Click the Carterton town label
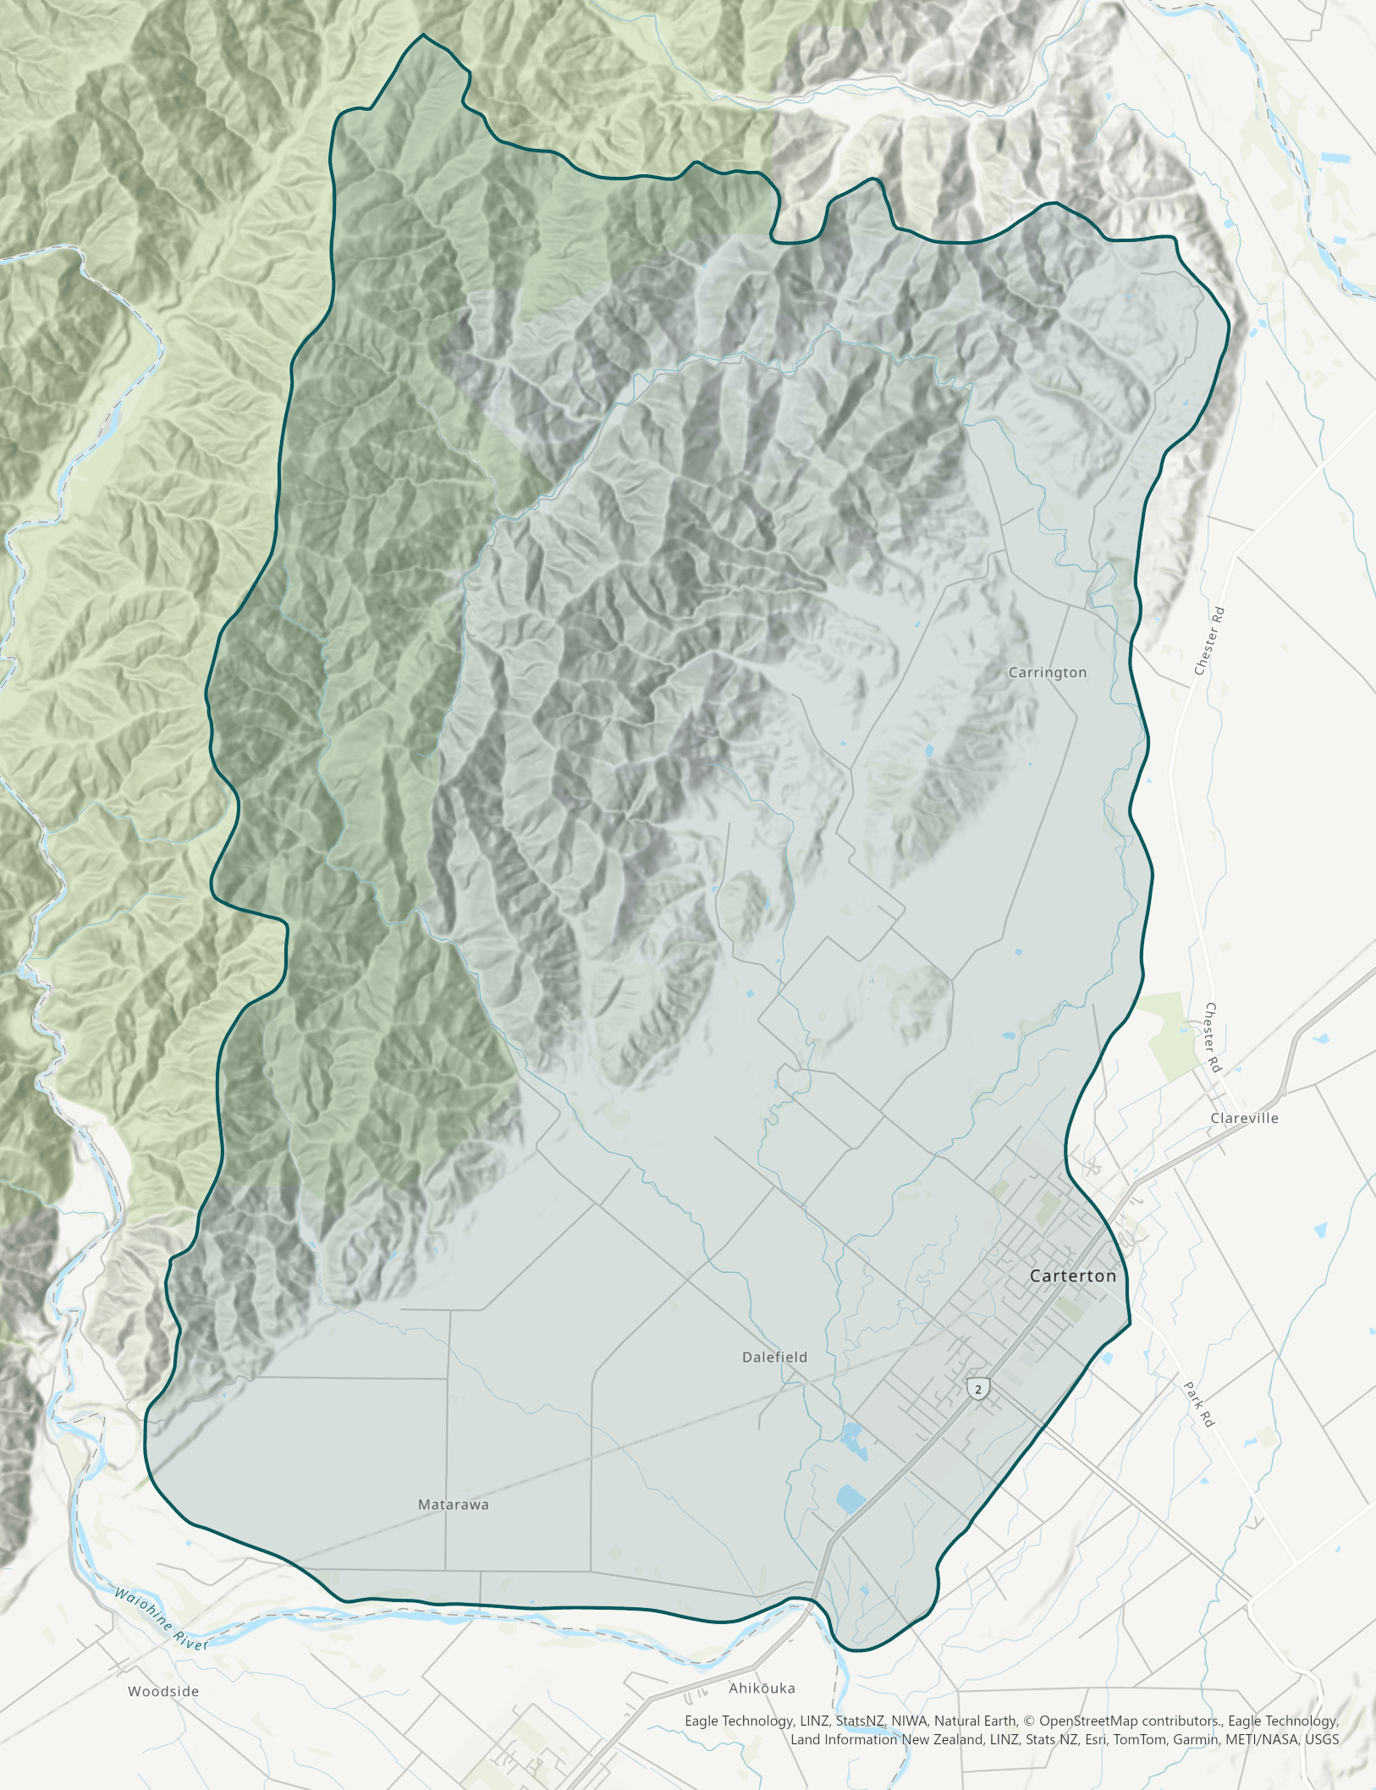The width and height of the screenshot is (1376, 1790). (1072, 1275)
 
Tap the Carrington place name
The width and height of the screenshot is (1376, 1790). (1047, 673)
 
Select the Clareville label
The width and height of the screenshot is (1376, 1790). (1244, 1118)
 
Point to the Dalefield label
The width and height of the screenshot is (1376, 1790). (774, 1357)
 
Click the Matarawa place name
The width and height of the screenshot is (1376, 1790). (454, 1504)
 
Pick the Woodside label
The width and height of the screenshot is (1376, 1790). (163, 1691)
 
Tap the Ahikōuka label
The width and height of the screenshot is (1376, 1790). (762, 1688)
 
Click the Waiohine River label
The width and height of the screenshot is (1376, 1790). (161, 1619)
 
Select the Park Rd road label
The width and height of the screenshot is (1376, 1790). (1199, 1404)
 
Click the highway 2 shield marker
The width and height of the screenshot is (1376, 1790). (978, 1389)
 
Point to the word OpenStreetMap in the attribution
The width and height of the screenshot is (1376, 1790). (1088, 1721)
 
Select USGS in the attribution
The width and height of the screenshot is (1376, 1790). (1321, 1739)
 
